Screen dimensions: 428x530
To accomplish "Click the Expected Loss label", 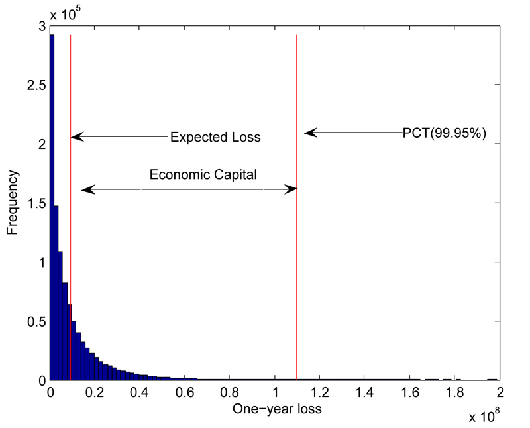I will (215, 138).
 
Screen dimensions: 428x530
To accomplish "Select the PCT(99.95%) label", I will (445, 133).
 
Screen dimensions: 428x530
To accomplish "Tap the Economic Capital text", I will (203, 174).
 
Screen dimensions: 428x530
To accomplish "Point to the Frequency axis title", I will (13, 202).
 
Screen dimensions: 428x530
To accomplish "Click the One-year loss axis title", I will (277, 409).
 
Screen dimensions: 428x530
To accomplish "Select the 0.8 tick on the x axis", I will (230, 391).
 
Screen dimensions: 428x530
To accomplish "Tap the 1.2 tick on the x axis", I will (320, 391).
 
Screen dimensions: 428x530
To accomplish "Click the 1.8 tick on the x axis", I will (454, 391).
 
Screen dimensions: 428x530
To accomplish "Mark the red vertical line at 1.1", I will (297, 265).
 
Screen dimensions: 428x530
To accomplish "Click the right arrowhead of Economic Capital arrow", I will (292, 190).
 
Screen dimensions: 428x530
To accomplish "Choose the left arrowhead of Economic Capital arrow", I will (85, 190).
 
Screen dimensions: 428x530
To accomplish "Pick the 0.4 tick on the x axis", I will (140, 391).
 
